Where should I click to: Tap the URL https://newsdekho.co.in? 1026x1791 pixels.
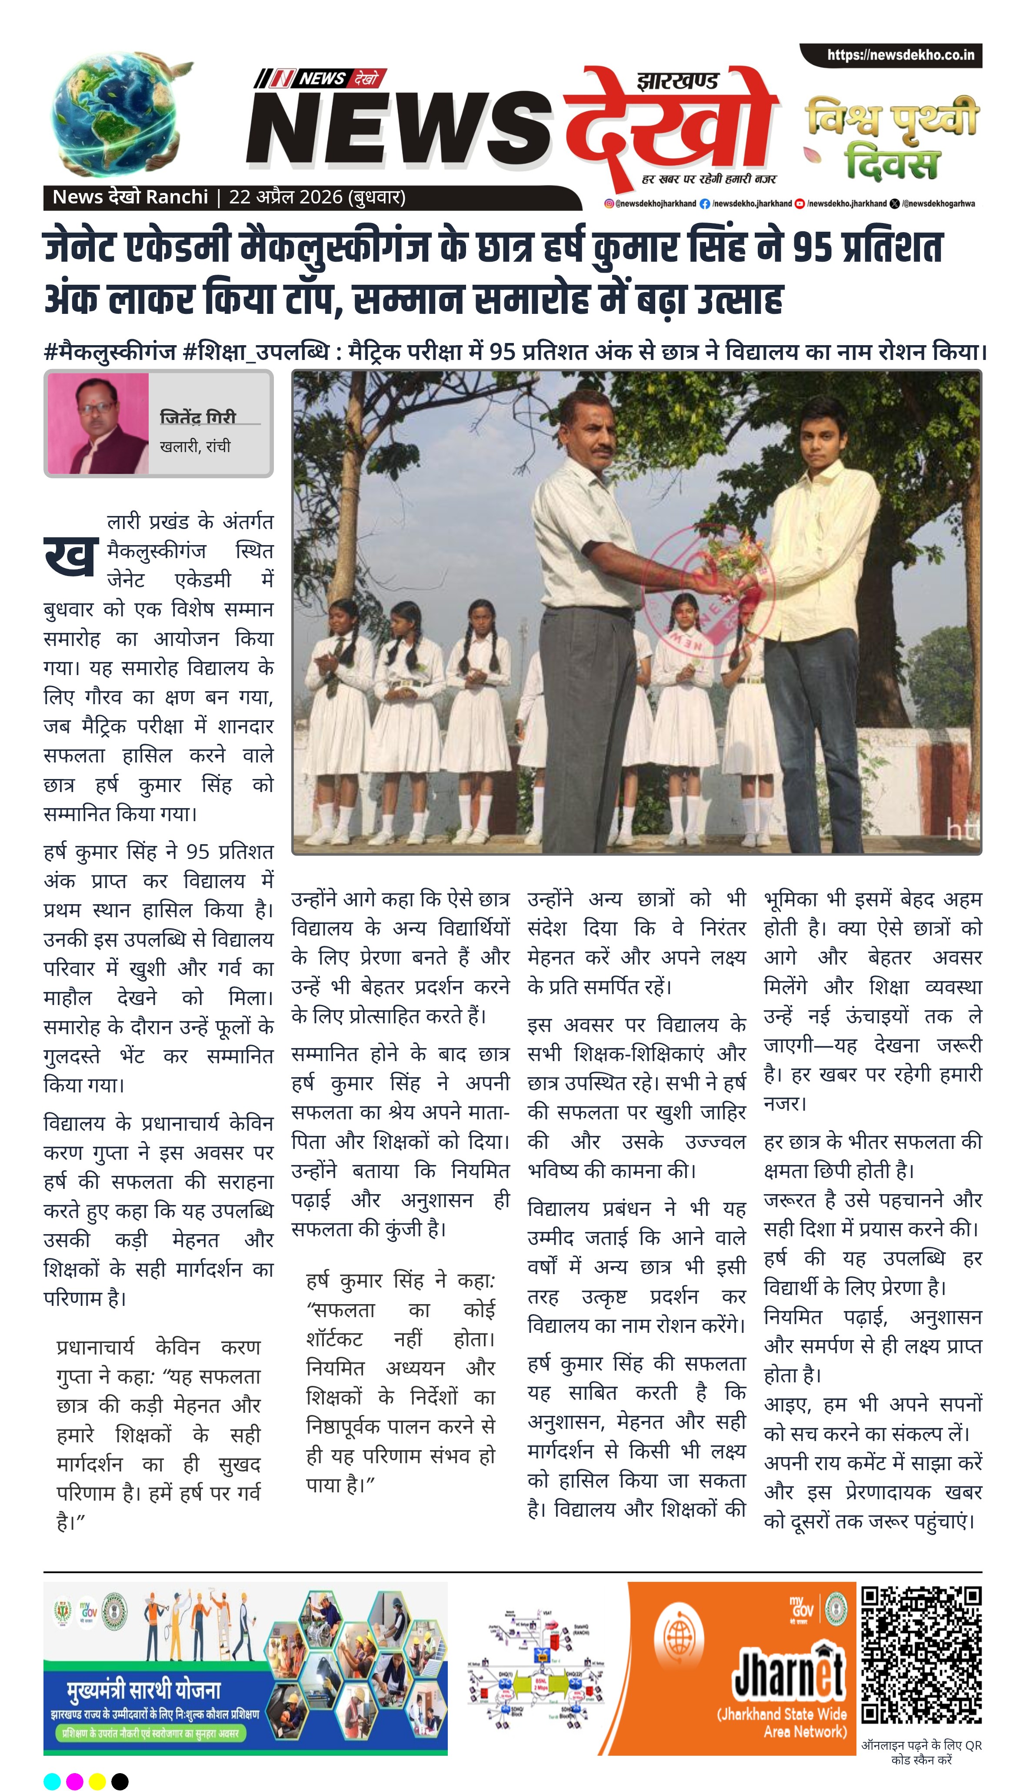point(900,55)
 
